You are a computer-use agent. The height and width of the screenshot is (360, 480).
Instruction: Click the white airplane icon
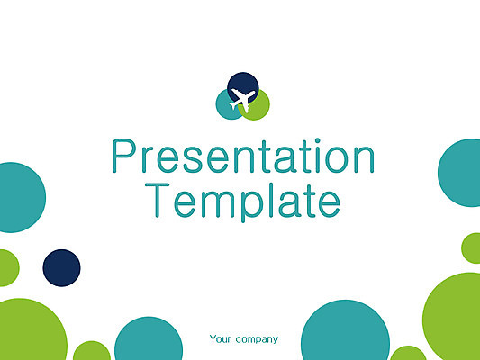(242, 99)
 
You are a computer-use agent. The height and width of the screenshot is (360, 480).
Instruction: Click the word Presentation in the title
(243, 156)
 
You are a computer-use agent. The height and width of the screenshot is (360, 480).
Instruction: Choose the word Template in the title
(242, 202)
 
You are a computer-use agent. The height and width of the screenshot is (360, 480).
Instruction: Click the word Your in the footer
(220, 339)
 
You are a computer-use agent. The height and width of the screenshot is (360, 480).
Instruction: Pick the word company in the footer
(257, 339)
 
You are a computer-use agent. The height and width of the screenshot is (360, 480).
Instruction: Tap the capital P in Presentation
(123, 156)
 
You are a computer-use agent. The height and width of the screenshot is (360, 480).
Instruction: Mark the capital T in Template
(157, 201)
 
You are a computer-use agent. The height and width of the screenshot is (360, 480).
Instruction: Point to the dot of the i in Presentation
(318, 140)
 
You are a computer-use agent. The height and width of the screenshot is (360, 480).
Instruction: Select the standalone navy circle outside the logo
(61, 268)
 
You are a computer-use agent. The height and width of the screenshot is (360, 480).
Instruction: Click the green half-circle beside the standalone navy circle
(9, 268)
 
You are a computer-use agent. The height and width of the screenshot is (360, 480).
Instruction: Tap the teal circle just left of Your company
(149, 339)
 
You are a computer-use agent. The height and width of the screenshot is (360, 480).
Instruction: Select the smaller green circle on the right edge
(472, 248)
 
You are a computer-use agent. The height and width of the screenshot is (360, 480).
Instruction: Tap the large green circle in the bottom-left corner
(31, 330)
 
